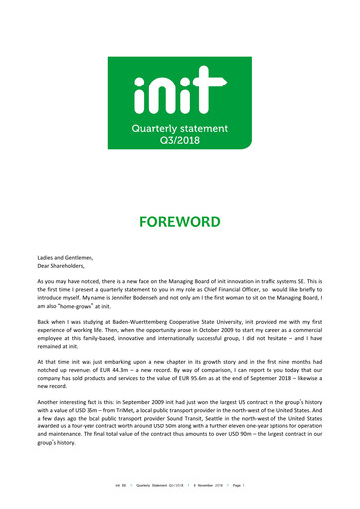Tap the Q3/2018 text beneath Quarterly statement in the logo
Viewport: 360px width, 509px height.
(179, 137)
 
